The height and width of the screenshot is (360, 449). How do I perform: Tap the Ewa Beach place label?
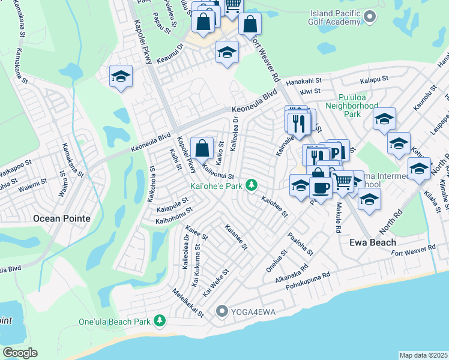(373, 242)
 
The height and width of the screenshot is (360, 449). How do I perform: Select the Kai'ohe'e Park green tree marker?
(253, 185)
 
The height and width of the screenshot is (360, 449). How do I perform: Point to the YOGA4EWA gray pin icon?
(222, 311)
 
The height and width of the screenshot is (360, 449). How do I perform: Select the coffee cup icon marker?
(321, 188)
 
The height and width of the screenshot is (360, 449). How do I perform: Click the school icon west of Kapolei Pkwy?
(121, 77)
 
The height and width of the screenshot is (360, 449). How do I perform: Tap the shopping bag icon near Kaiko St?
(202, 148)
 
